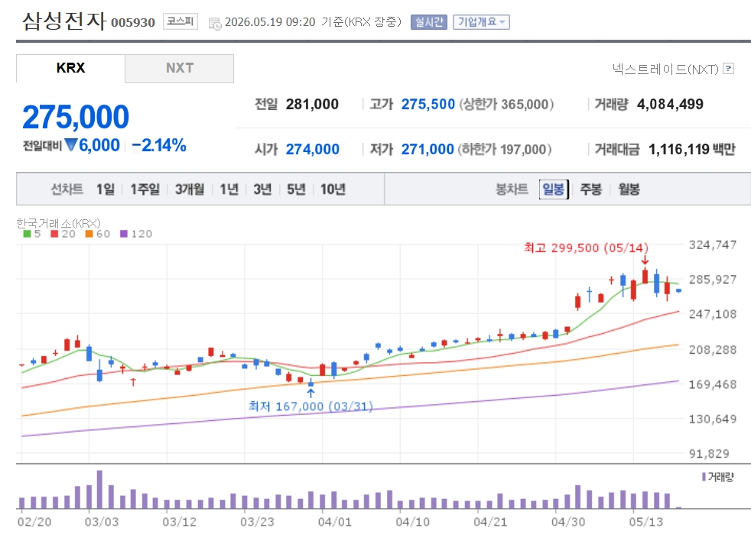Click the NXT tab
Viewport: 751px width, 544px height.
[180, 69]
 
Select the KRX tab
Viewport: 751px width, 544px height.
[70, 69]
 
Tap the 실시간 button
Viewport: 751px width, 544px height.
[429, 22]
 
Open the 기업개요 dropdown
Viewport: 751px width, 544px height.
[481, 22]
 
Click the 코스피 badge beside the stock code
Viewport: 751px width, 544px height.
[180, 21]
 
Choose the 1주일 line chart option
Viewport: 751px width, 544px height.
[145, 189]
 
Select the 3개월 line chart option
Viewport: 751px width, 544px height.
[189, 189]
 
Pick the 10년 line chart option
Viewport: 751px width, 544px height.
[333, 189]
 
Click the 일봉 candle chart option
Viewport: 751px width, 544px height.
[554, 189]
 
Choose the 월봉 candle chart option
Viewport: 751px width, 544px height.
[629, 189]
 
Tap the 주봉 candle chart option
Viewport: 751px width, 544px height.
[590, 189]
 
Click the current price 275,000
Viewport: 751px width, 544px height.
[76, 117]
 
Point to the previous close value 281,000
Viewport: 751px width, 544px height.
[312, 104]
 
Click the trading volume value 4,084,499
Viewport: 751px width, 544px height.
[670, 104]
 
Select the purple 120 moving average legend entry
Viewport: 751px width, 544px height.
[136, 234]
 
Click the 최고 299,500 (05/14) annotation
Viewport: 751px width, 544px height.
[586, 248]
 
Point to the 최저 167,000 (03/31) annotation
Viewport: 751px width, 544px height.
[310, 406]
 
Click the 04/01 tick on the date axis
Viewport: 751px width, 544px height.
[334, 522]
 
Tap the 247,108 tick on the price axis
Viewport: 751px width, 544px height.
[712, 314]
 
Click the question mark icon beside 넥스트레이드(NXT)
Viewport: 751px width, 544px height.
[729, 69]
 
